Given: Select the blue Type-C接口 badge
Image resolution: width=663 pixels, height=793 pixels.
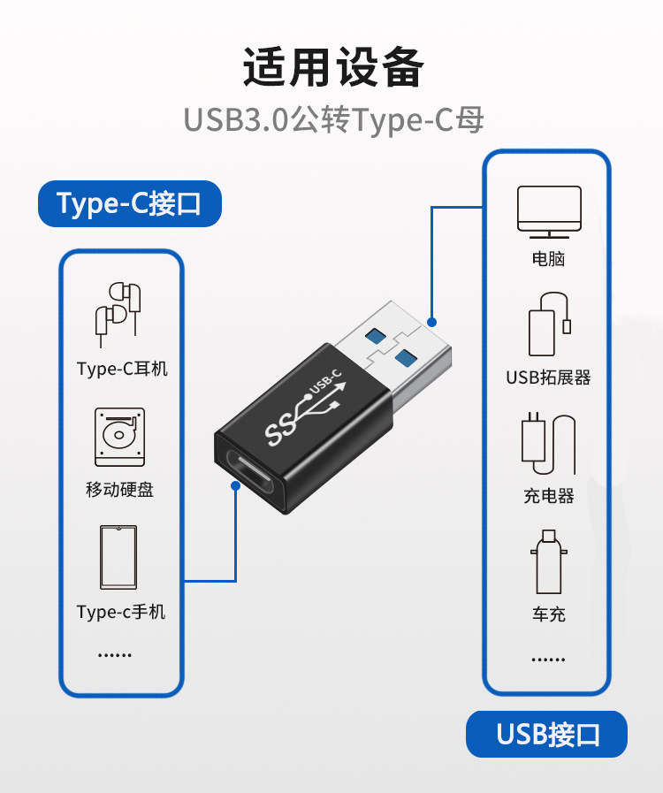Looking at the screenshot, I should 129,204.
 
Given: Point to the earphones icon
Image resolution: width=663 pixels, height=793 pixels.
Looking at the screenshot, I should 118,314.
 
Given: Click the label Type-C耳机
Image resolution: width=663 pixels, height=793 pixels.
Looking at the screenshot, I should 122,369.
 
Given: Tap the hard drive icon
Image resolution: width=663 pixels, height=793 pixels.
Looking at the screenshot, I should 119,437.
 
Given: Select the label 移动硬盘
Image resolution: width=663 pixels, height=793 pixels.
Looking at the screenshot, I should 120,489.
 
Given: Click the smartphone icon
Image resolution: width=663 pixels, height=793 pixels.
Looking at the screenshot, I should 119,557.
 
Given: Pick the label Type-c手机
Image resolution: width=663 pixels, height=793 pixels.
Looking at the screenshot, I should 121,612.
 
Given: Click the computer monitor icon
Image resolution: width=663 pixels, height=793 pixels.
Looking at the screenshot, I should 548,212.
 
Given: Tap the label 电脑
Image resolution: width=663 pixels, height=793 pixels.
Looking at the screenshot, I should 548,259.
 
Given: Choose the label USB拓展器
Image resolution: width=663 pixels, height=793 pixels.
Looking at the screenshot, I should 548,377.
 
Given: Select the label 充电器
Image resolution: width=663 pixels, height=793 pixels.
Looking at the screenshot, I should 548,496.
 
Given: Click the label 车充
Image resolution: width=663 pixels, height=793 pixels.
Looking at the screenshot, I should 548,614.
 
